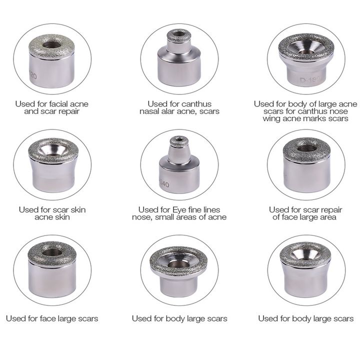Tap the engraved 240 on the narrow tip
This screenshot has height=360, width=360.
pyautogui.click(x=164, y=184)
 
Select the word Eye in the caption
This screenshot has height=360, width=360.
pyautogui.click(x=178, y=210)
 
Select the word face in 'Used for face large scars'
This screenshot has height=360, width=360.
pyautogui.click(x=47, y=318)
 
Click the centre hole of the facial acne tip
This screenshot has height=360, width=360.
pyautogui.click(x=52, y=44)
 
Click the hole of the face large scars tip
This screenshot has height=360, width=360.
pyautogui.click(x=52, y=252)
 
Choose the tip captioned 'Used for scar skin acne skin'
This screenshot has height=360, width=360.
pyautogui.click(x=53, y=165)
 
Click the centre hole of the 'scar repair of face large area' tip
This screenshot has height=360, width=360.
pyautogui.click(x=307, y=148)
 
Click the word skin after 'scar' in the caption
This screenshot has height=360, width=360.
pyautogui.click(x=78, y=210)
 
